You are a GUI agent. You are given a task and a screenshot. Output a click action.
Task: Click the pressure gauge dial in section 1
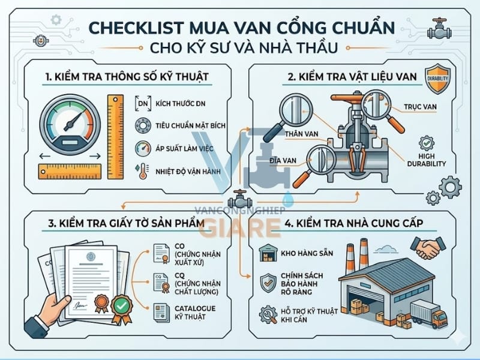tap(70, 122)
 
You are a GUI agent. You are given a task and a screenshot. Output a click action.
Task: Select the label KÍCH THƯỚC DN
tap(178, 104)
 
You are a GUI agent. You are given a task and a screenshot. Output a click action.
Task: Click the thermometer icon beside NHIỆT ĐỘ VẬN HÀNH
tap(142, 170)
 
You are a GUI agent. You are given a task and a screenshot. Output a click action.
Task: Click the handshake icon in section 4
tap(428, 246)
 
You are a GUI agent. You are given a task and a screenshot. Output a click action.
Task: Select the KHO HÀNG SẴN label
tap(305, 253)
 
